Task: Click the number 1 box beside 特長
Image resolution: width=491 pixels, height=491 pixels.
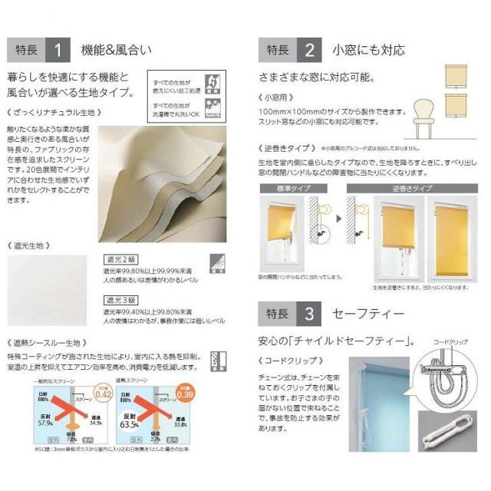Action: coord(58,51)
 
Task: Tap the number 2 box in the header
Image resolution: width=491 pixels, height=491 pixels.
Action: coord(309,51)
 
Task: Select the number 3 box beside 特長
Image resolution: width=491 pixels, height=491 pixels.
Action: coord(309,314)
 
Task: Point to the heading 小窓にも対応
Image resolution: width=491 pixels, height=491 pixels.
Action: coord(368,51)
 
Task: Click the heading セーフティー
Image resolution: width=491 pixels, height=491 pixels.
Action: coord(367,314)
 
